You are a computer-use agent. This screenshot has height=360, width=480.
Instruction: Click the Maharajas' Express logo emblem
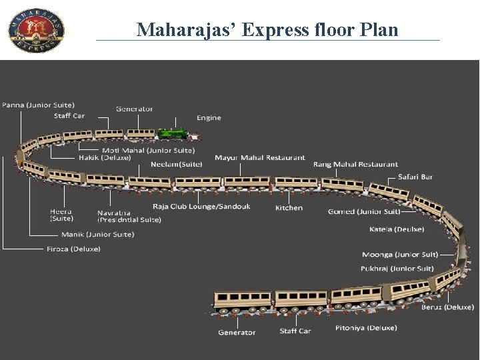coord(37,30)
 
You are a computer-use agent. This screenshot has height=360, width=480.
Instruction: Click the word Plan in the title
coord(379,30)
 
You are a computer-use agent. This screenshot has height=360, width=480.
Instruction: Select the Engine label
coord(209,118)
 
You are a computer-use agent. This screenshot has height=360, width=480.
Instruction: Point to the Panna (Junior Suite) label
coord(38,105)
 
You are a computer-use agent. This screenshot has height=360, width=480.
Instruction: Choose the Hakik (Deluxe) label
coord(105,158)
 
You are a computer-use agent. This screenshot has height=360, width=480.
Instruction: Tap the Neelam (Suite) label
coord(176,164)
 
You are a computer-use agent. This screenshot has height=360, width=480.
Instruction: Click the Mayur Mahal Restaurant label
coord(260,158)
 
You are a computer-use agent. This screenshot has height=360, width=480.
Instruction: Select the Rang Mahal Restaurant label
coord(355,164)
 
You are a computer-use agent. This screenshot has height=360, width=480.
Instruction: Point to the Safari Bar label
coord(415,177)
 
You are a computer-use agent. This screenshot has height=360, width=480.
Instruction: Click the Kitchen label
coord(289,208)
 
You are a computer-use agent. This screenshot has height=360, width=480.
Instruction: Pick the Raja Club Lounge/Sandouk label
coord(201,207)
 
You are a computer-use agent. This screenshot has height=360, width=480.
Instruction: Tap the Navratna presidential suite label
coord(129,217)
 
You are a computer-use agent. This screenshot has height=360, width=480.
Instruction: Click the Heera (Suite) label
coord(61,215)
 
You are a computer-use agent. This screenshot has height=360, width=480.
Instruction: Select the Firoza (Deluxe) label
coord(73,249)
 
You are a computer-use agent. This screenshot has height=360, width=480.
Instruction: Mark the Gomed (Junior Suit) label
coord(364,211)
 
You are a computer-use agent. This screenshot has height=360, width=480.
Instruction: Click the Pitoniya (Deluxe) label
coord(366,327)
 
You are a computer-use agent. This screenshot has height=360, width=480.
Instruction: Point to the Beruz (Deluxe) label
coord(447,307)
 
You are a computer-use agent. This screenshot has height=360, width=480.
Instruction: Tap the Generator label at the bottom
coord(237,332)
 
